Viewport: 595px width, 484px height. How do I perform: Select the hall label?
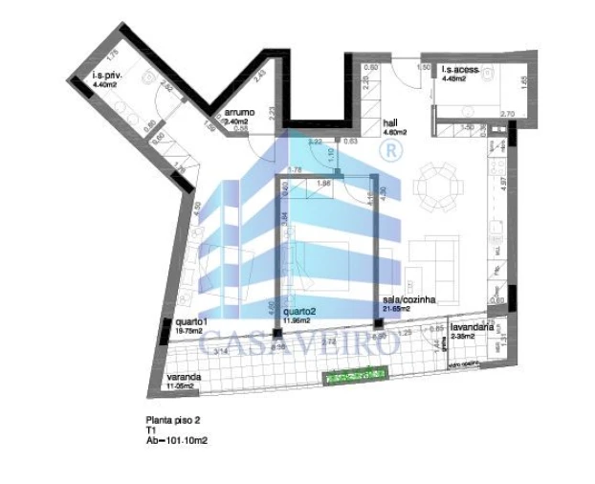coord(389,123)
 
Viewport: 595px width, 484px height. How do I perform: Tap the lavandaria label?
coord(472,326)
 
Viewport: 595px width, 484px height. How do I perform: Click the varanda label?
coord(183,377)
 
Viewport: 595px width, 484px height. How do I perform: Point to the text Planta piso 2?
coord(173,420)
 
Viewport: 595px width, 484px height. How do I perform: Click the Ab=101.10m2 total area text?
coord(177,440)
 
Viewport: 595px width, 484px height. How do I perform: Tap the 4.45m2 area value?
coord(453,78)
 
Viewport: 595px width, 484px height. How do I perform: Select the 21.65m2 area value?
coord(396,309)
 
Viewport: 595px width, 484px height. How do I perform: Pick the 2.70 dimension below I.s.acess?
coord(508,115)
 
